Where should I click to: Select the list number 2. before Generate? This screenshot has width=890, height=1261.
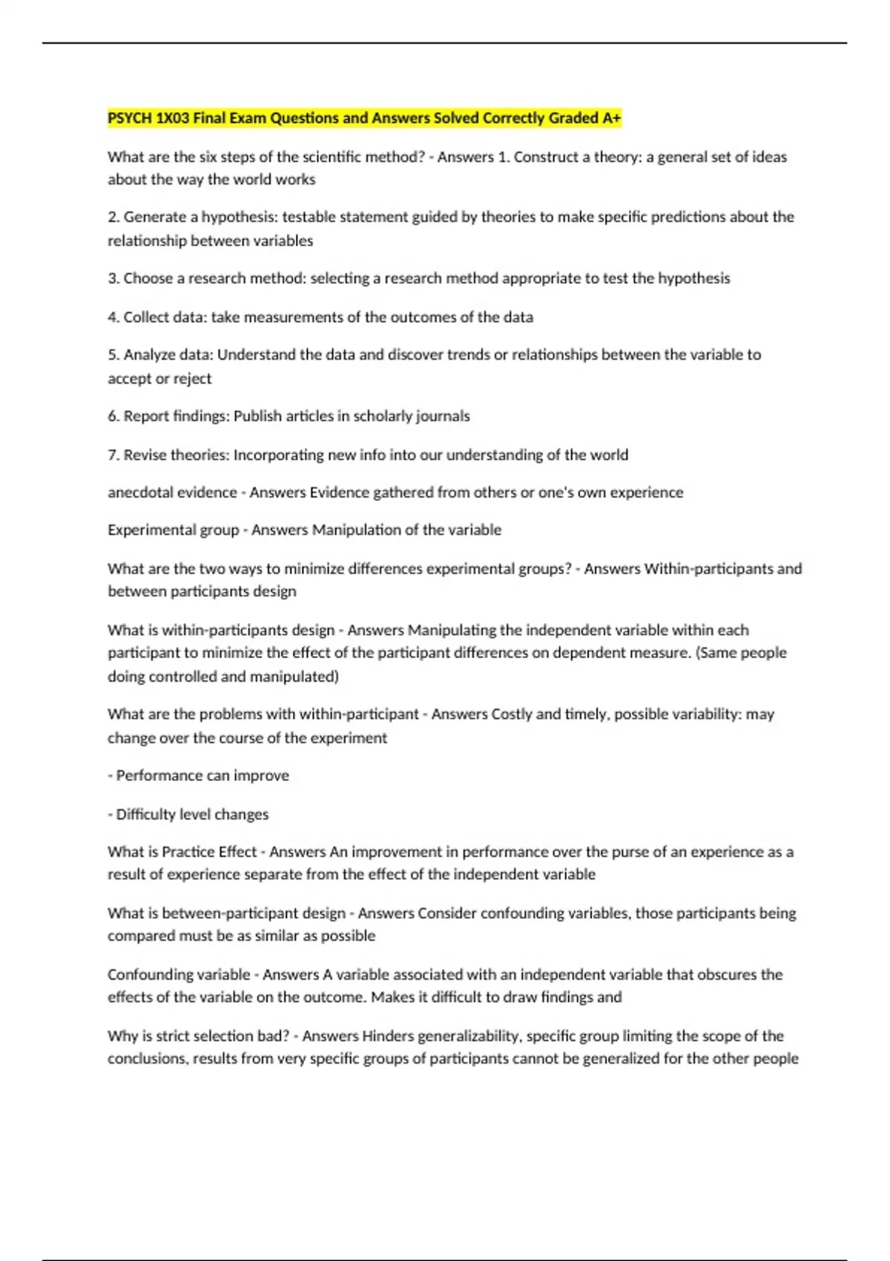click(113, 217)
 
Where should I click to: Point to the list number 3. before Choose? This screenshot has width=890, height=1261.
click(113, 279)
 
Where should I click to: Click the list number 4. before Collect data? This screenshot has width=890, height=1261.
click(113, 317)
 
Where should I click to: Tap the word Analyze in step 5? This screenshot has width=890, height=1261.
click(149, 355)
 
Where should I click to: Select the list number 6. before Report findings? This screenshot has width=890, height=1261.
click(113, 416)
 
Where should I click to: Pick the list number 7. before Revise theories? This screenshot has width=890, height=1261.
click(113, 455)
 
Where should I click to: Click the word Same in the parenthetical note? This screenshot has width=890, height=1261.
click(718, 653)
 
